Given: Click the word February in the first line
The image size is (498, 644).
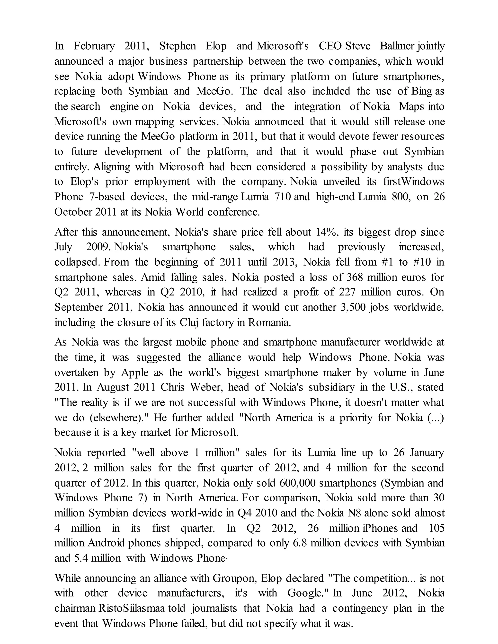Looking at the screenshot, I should (94, 46).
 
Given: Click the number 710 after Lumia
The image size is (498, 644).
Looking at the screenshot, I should (283, 197).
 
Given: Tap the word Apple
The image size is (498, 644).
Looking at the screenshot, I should (134, 373).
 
